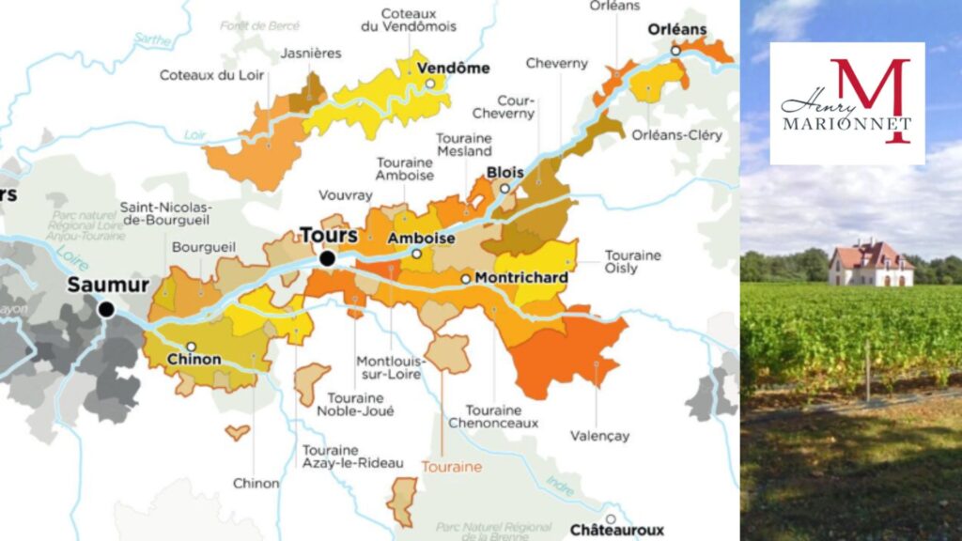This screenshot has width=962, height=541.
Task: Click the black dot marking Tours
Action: click(327, 258)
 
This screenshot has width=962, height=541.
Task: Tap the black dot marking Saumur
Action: click(106, 309)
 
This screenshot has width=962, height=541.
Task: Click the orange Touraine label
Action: click(451, 466)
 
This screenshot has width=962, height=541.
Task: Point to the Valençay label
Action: click(600, 436)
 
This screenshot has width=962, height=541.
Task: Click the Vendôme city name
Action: click(454, 68)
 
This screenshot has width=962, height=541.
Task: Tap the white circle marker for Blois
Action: click(504, 189)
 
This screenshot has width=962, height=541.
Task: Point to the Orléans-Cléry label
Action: click(678, 135)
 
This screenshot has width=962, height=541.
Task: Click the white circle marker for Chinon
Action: click(191, 347)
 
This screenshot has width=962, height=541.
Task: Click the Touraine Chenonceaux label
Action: click(502, 417)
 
